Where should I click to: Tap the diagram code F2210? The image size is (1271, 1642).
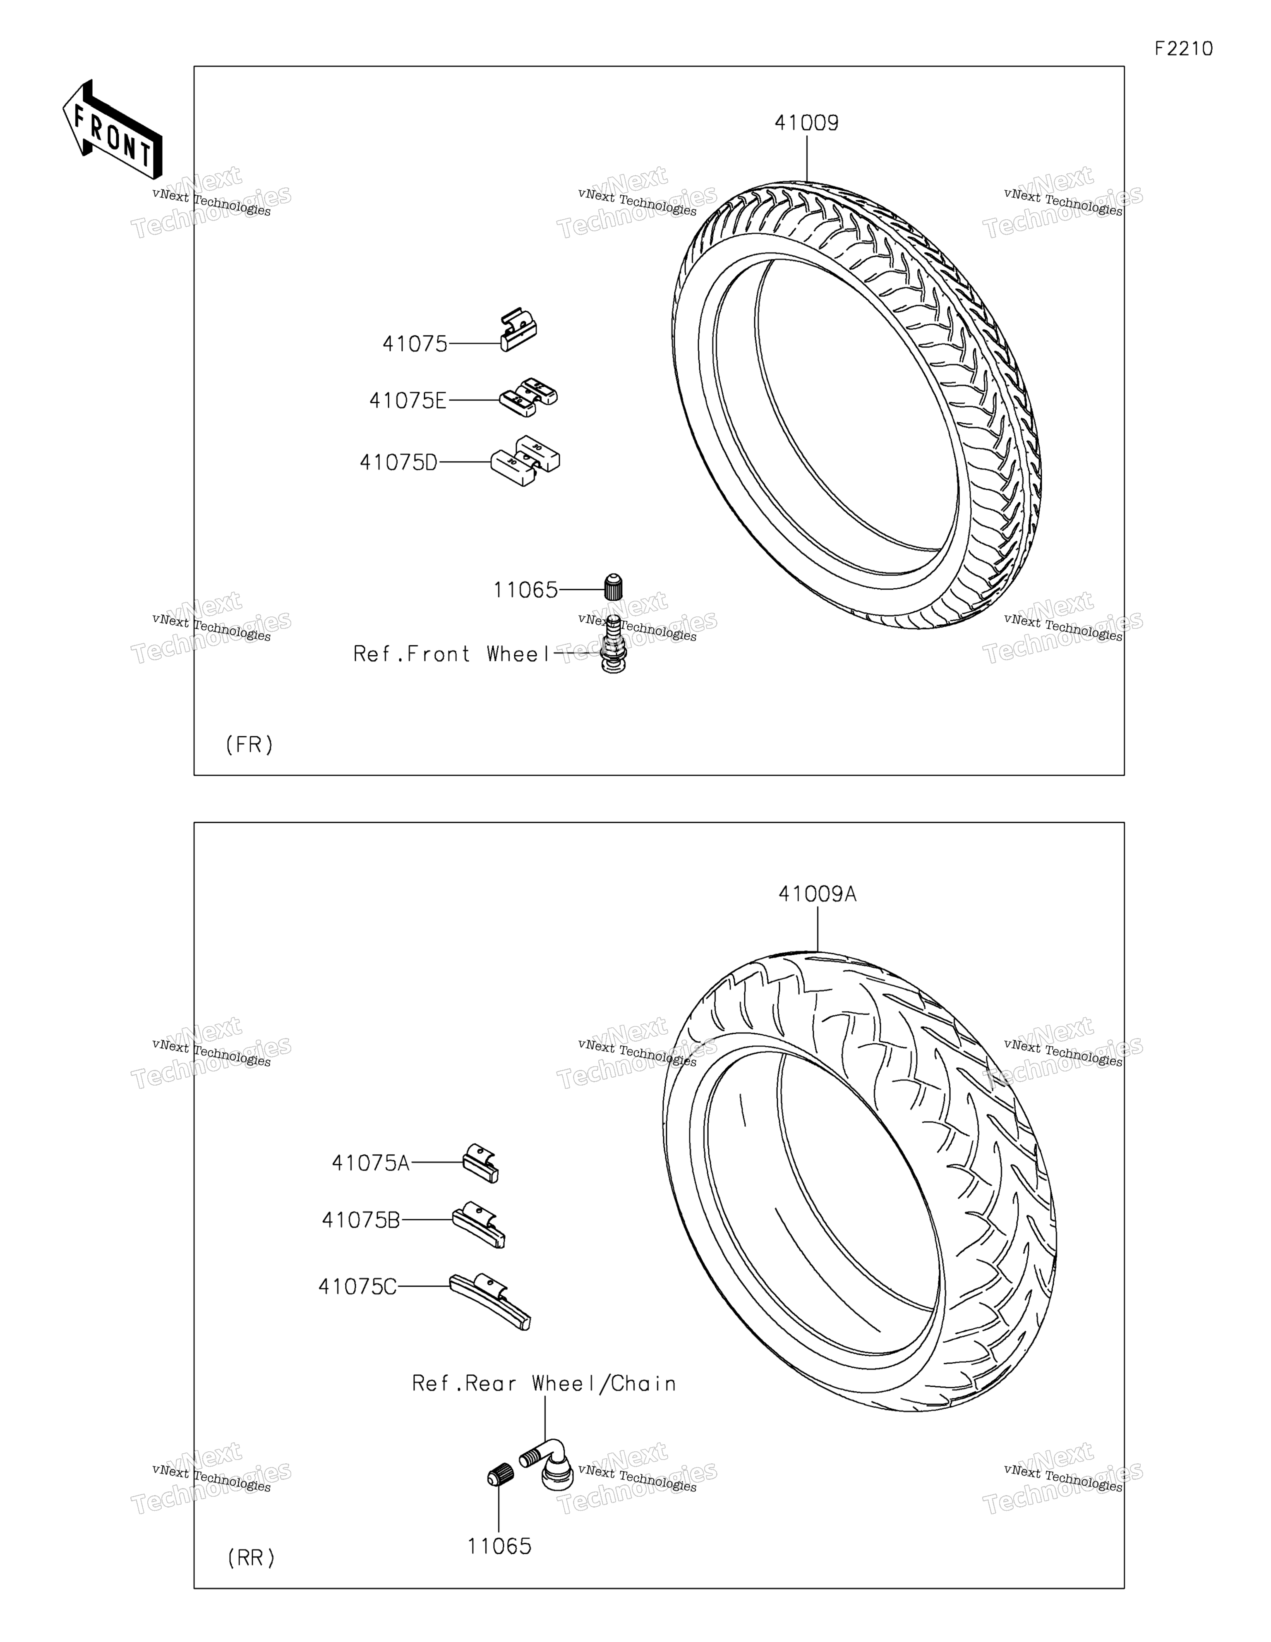click(1184, 49)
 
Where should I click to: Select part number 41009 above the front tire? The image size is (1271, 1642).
click(806, 122)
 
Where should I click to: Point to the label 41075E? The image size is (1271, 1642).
click(408, 401)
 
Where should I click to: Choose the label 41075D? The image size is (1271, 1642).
click(398, 463)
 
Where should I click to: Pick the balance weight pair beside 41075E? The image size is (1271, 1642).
click(529, 397)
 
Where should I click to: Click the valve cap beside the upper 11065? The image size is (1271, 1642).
click(614, 587)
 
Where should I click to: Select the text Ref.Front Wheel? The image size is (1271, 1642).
click(452, 654)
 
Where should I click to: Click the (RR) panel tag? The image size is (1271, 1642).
click(251, 1558)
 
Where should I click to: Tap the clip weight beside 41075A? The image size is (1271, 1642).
click(480, 1163)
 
